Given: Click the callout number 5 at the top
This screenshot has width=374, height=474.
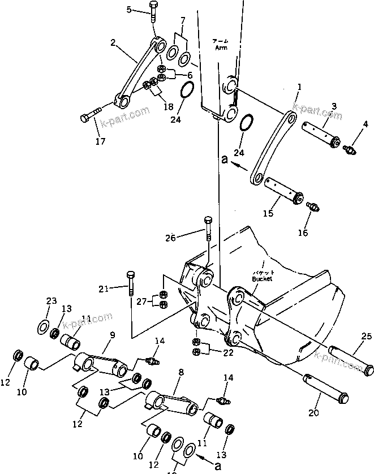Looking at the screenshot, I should (128, 10).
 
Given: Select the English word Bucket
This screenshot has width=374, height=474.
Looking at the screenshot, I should (263, 279).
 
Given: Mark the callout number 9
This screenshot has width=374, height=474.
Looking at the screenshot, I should (112, 335).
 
